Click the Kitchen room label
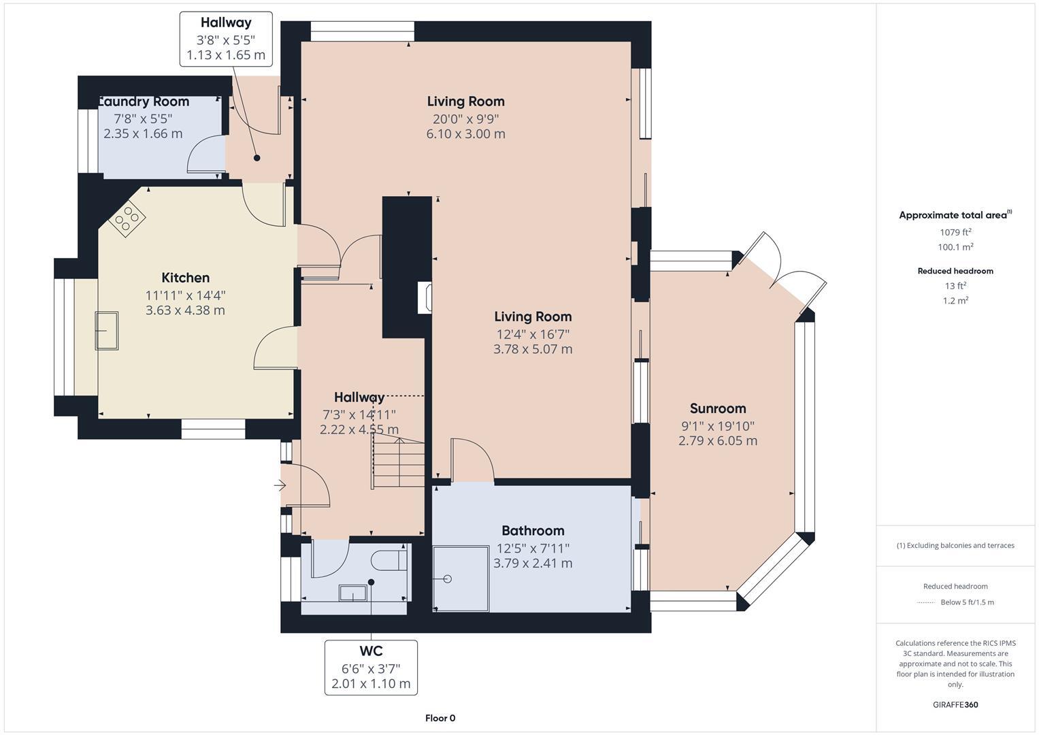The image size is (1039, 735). tap(185, 278)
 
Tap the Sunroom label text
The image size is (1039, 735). tap(718, 408)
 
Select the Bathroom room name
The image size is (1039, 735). tap(533, 531)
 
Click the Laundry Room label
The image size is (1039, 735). tap(144, 101)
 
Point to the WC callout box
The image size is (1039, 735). tap(371, 667)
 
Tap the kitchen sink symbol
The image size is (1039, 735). tap(106, 330)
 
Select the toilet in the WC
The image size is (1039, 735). tap(389, 559)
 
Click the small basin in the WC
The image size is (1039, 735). tap(353, 593)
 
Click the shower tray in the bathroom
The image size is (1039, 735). tap(461, 578)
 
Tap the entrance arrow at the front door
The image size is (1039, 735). tap(280, 485)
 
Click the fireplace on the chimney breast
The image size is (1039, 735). tap(424, 297)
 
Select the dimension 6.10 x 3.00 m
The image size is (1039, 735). tap(465, 134)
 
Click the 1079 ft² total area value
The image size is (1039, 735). tap(955, 232)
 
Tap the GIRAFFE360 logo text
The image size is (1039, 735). tap(955, 704)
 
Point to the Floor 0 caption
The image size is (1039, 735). tap(440, 718)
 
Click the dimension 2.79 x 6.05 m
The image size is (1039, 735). tap(718, 441)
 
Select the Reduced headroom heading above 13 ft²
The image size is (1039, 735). tap(955, 271)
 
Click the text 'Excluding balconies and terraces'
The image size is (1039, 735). tap(959, 545)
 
